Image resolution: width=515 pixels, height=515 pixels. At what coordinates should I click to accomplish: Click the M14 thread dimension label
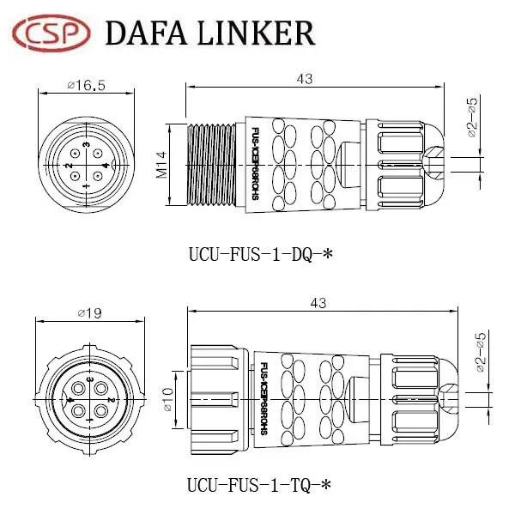coord(161,162)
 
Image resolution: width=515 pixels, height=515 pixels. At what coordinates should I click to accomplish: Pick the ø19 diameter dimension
coord(88,313)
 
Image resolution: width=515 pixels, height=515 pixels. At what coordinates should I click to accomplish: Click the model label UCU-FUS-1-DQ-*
coord(259,254)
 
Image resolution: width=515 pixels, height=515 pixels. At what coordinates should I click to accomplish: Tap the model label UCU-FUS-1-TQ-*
coord(259,486)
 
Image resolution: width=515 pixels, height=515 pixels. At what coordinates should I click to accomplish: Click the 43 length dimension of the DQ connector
coord(304,78)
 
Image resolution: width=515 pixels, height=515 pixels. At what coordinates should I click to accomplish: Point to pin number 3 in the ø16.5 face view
coord(89,147)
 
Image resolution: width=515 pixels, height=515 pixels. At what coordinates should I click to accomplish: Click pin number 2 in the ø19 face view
coord(110,400)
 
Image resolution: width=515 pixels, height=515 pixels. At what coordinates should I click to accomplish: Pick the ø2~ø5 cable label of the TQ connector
coord(482,353)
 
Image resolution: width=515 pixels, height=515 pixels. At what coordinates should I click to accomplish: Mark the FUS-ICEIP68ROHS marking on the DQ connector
coord(256,163)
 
